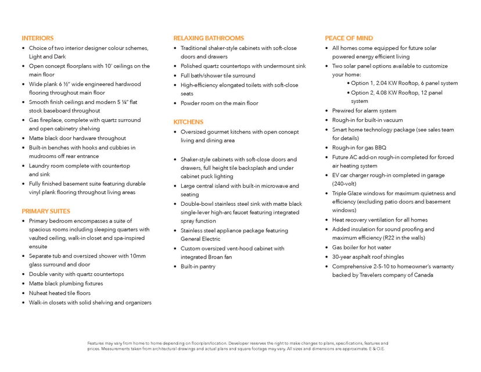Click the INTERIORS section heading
tap(38, 38)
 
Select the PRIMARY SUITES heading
tap(46, 211)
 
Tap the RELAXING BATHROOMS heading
tap(209, 38)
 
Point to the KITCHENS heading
tap(188, 122)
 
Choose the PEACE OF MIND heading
tap(349, 38)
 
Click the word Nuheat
tap(39, 293)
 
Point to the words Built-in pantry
tap(198, 266)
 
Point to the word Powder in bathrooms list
tap(191, 103)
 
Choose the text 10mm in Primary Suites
tap(138, 256)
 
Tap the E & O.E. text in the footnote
tap(376, 349)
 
